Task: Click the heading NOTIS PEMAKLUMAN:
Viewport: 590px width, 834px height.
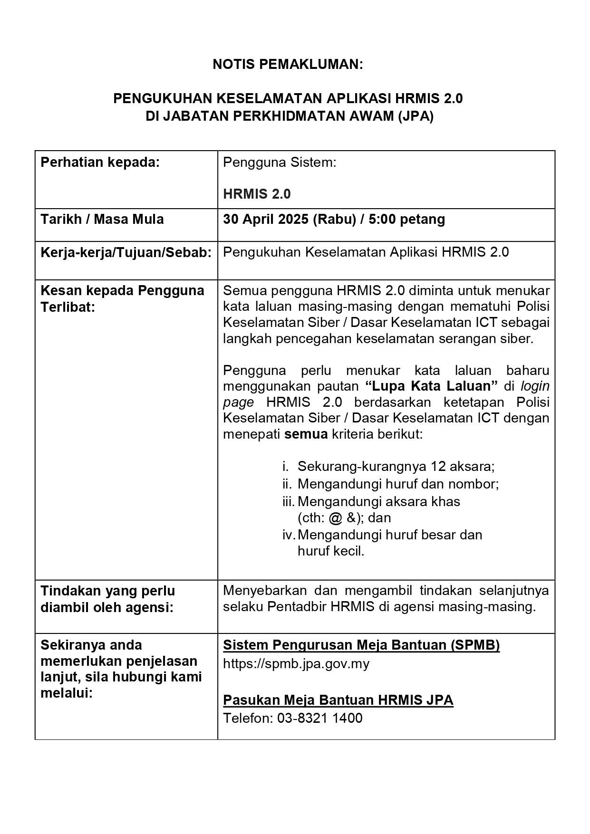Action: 288,65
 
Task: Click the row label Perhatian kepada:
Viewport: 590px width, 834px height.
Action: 100,163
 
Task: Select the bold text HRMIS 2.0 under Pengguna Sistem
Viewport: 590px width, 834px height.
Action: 257,194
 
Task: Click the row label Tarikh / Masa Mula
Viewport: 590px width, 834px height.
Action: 102,219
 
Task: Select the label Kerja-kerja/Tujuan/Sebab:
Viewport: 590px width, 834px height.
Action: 126,252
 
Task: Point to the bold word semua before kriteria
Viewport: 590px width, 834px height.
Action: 306,434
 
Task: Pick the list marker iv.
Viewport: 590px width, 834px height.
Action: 288,535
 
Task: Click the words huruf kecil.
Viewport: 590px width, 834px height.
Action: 331,551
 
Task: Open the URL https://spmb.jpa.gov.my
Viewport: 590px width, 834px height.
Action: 296,663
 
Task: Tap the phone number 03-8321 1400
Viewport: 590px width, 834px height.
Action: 319,718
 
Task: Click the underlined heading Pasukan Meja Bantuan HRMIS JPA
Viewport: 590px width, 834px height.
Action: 338,700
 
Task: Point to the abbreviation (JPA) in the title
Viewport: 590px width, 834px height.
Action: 416,116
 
